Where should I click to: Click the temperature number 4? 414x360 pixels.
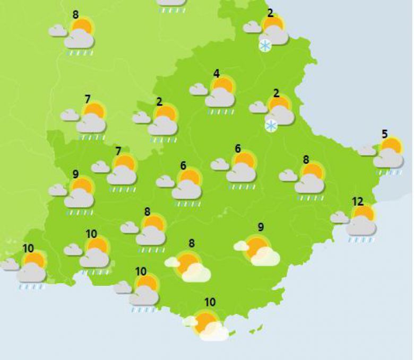tap(217, 73)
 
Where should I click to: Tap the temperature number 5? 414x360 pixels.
tap(385, 134)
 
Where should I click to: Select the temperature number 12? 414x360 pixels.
tap(358, 201)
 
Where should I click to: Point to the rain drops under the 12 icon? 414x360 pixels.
tap(361, 240)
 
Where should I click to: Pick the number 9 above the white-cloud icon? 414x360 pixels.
tap(261, 227)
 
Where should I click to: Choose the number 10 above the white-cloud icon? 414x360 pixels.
tap(210, 302)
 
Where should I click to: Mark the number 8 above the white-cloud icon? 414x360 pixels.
tap(192, 243)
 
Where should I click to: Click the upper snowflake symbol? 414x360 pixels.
tap(265, 46)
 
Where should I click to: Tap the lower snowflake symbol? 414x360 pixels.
tap(271, 126)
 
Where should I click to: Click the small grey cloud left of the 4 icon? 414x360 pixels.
tap(198, 89)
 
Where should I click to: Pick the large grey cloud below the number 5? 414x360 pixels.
tap(388, 158)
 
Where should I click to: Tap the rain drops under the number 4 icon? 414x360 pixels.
tap(221, 112)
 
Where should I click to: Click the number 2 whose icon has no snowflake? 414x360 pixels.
tap(160, 102)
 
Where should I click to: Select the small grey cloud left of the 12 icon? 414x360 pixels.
tap(339, 217)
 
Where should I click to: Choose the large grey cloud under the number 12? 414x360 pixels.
tap(361, 226)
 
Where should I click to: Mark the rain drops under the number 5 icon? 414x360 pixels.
tap(389, 172)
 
